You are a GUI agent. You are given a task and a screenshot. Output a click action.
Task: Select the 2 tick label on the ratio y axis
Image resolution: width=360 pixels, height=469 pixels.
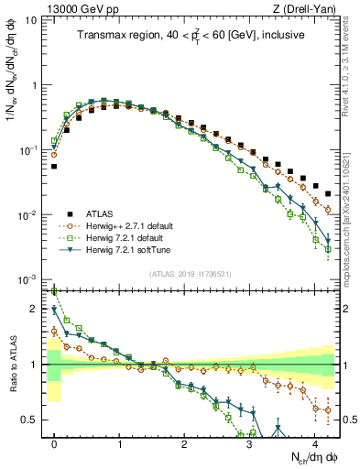click(35, 309)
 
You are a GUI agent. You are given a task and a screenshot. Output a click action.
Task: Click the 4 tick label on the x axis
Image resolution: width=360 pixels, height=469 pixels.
click(314, 441)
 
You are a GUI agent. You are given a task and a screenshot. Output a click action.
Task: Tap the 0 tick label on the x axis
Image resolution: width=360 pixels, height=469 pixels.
click(54, 441)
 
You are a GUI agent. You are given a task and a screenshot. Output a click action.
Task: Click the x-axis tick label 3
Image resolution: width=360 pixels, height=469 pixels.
click(249, 441)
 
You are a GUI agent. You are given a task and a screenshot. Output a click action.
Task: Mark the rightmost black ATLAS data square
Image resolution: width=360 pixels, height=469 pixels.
click(328, 193)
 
